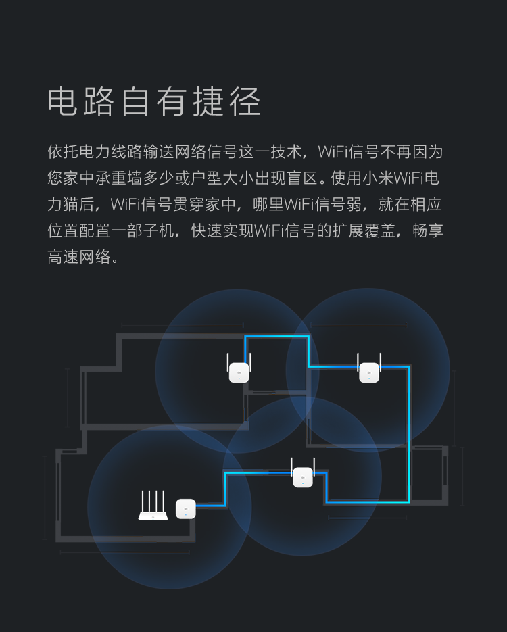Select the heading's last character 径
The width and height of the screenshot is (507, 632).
(244, 102)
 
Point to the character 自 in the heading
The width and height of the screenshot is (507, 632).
(137, 102)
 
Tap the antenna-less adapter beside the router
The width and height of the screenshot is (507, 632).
(186, 508)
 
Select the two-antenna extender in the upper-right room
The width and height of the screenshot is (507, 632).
(369, 371)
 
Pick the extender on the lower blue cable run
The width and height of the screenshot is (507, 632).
(303, 476)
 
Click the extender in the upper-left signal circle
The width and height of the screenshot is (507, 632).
(239, 371)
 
